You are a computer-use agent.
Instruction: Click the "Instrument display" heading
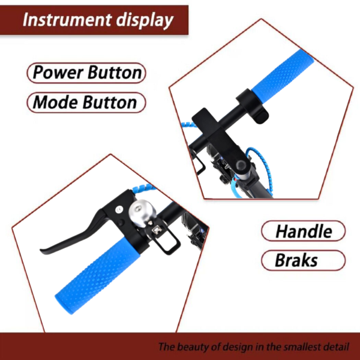[x=98, y=20]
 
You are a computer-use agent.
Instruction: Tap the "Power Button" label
[x=86, y=73]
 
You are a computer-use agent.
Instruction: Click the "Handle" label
[x=303, y=231]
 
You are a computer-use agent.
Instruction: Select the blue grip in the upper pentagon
[x=283, y=75]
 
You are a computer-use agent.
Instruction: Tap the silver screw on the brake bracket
[x=119, y=209]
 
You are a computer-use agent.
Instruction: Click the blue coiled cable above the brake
[x=144, y=189]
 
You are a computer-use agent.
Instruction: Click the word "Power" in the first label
[x=58, y=73]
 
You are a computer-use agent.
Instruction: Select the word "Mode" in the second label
[x=56, y=103]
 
